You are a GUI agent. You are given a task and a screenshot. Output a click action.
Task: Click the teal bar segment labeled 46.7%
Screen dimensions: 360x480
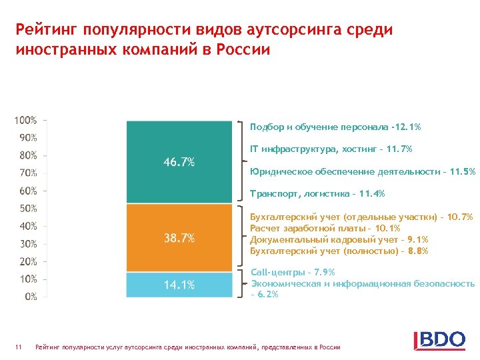pos(179,162)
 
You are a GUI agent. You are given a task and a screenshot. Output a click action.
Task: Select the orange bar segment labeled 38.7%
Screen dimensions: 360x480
pos(179,237)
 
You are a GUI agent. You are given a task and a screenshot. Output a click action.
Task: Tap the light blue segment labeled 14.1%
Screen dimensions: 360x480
pos(179,285)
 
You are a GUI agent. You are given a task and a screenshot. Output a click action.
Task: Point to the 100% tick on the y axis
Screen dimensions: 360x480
pos(26,121)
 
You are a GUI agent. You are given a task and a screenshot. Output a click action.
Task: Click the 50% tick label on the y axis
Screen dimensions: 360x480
pos(28,209)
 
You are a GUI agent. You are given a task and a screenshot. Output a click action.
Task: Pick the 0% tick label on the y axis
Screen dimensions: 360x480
pos(31,297)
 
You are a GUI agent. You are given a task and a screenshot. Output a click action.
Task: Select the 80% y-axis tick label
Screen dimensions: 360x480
pos(28,155)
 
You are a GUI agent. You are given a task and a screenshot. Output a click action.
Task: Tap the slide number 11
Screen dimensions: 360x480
pos(19,347)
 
